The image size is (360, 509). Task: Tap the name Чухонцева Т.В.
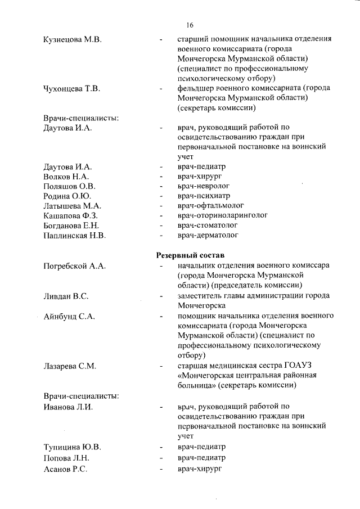tap(72, 88)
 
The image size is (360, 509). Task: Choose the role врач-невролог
tap(203, 186)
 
